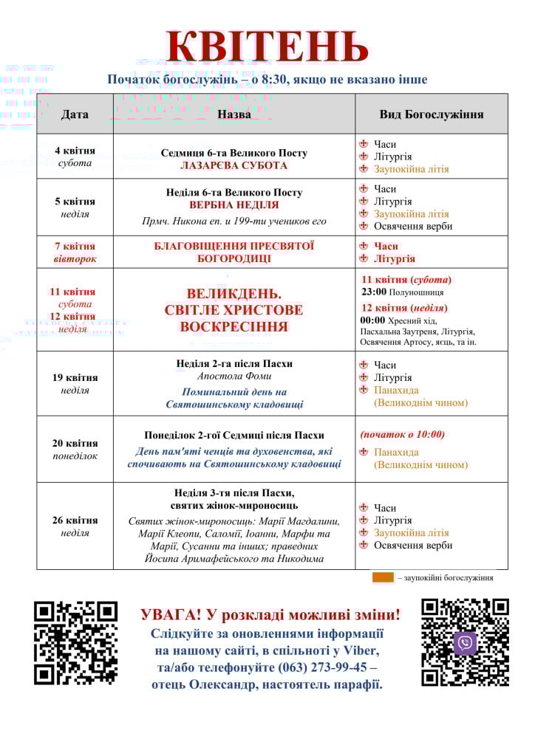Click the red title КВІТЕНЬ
(x=267, y=47)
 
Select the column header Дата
(x=75, y=114)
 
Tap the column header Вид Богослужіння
(x=432, y=114)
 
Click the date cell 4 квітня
(x=75, y=151)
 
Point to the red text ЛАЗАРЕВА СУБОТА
(x=234, y=166)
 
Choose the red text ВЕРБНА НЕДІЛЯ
(x=234, y=205)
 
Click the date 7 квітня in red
(x=75, y=247)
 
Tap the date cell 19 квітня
(x=75, y=377)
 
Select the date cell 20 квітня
(x=75, y=443)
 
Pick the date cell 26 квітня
(x=75, y=520)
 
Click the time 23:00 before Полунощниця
(x=374, y=292)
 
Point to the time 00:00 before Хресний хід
(x=373, y=320)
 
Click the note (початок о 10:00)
(x=402, y=434)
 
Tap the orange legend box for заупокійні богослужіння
(x=383, y=578)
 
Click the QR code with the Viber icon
(x=465, y=642)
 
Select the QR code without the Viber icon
(x=76, y=642)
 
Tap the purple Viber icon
(x=465, y=643)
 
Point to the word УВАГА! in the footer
(x=170, y=614)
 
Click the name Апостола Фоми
(x=234, y=377)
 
